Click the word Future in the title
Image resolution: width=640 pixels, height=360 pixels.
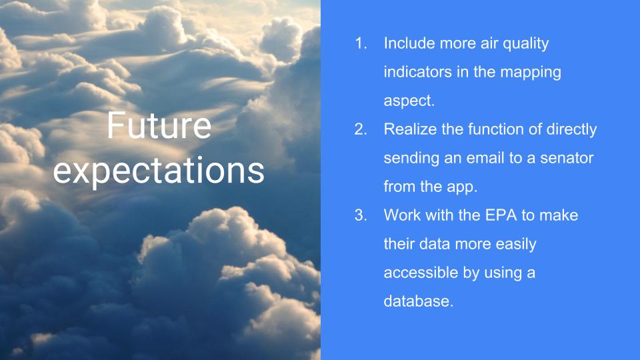[x=159, y=125]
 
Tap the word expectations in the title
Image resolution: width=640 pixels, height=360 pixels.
[x=159, y=171]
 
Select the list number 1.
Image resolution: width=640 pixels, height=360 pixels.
[x=361, y=43]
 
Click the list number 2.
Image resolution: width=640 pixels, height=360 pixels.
[x=361, y=129]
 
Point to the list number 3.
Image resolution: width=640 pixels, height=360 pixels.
[x=361, y=215]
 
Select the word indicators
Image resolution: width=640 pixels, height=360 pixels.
[x=418, y=72]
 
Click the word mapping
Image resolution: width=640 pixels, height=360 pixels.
[x=531, y=73]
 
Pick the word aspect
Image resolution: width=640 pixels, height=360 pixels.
[x=409, y=101]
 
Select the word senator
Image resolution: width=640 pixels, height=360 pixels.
[x=567, y=159]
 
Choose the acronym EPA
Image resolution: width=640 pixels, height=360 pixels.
[x=501, y=215]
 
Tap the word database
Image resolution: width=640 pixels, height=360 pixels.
[x=419, y=301]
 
